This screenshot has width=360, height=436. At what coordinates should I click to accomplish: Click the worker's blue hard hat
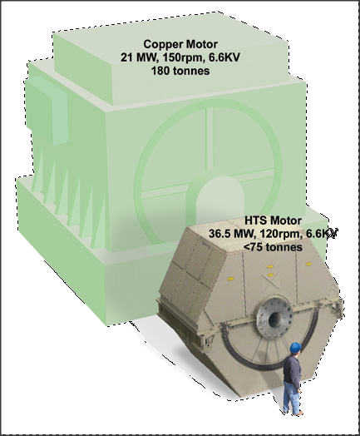coord(295,347)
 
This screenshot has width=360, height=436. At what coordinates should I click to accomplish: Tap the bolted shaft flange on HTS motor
coord(274,317)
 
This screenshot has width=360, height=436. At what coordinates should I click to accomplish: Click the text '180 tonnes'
coord(180,71)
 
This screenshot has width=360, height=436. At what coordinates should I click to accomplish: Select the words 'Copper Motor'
coord(180,44)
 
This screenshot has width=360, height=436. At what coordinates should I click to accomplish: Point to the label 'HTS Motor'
coord(273,220)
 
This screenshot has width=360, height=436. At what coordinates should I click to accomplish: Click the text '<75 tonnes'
coord(273,246)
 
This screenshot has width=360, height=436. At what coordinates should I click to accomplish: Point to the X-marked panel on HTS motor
coord(269,284)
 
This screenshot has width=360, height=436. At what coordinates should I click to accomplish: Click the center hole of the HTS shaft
coord(274,318)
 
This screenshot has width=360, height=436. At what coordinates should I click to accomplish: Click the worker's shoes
coord(293,413)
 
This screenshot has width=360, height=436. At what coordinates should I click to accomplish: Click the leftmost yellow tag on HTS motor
coord(230,278)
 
